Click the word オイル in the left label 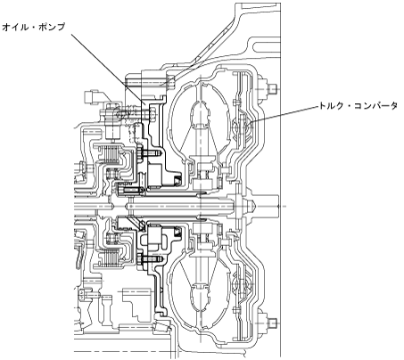click(x=13, y=28)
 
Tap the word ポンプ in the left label click(x=53, y=28)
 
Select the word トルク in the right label click(x=331, y=106)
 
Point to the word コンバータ click(x=378, y=106)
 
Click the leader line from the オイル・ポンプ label click(x=108, y=69)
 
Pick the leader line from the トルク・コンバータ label click(x=284, y=115)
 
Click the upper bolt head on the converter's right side click(x=273, y=88)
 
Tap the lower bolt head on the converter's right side click(x=273, y=323)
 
